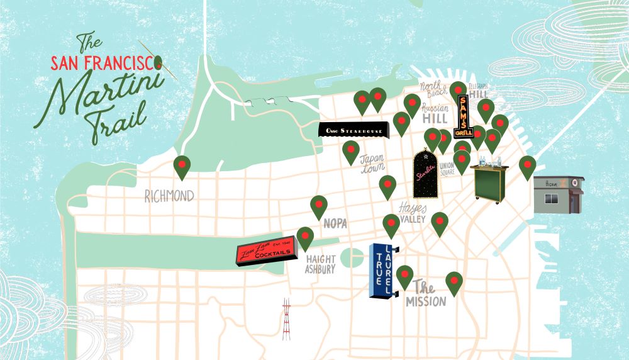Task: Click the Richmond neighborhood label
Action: pyautogui.click(x=169, y=197)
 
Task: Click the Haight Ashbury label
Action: pyautogui.click(x=320, y=264)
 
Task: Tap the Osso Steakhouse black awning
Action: pyautogui.click(x=354, y=130)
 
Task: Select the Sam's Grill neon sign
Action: pyautogui.click(x=463, y=117)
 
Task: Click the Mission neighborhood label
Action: pyautogui.click(x=425, y=296)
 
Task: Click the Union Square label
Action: pyautogui.click(x=447, y=169)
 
